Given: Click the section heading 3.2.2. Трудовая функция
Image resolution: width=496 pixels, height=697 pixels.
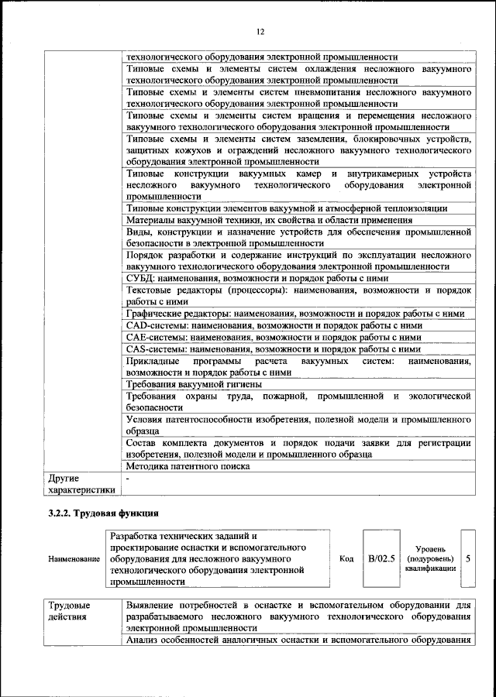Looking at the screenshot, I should pyautogui.click(x=105, y=513).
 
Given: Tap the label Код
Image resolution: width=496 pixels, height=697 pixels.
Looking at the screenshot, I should pyautogui.click(x=346, y=558).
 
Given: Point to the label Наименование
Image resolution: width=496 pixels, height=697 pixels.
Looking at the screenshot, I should pyautogui.click(x=74, y=558).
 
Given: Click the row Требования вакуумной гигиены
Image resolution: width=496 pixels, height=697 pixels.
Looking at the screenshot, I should pyautogui.click(x=194, y=384).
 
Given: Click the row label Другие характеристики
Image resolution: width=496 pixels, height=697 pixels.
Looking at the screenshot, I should pyautogui.click(x=81, y=484).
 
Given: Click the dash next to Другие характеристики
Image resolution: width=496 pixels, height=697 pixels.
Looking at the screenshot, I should pyautogui.click(x=128, y=479).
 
